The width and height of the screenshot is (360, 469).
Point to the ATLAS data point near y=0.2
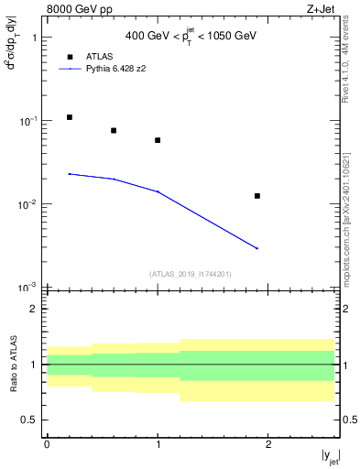(x=70, y=117)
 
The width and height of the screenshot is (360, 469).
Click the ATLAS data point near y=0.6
(x=114, y=130)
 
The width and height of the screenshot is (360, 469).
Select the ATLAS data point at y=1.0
(x=158, y=140)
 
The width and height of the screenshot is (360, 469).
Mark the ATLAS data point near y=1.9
(x=257, y=195)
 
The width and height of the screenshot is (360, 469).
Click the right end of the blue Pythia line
(x=257, y=248)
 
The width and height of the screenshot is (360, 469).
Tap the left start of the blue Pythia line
(x=70, y=174)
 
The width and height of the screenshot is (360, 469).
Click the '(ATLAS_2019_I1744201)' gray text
(x=190, y=274)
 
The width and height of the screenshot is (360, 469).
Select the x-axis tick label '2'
(x=268, y=442)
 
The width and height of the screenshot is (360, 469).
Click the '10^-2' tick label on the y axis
(x=28, y=204)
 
